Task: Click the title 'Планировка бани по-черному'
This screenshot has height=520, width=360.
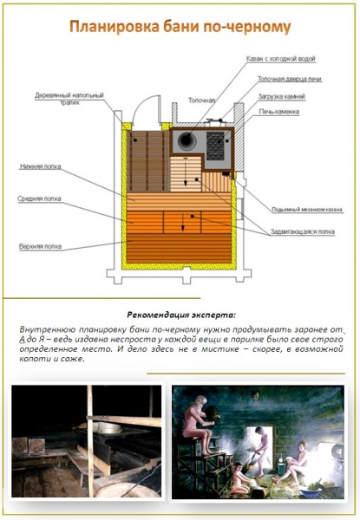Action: point(180,29)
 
